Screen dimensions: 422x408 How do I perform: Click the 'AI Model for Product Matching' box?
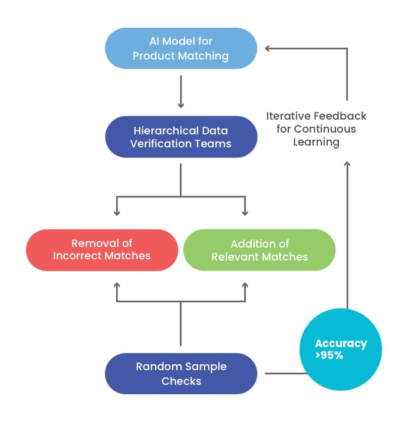180,48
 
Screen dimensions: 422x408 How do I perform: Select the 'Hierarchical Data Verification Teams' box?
180,137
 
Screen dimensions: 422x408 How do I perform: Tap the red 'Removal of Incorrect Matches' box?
101,249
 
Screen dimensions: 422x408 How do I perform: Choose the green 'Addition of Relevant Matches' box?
259,249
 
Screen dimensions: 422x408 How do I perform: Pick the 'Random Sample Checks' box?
180,374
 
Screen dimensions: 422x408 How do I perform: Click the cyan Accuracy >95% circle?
340,350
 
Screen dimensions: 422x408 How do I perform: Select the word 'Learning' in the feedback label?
316,142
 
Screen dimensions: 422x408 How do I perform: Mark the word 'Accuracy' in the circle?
340,344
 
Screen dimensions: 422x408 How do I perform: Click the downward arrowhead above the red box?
117,211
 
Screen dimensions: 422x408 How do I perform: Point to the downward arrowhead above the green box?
244,211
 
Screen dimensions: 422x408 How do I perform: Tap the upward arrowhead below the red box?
117,286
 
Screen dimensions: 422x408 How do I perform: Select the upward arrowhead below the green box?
244,286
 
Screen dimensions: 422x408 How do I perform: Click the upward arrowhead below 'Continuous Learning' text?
347,164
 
